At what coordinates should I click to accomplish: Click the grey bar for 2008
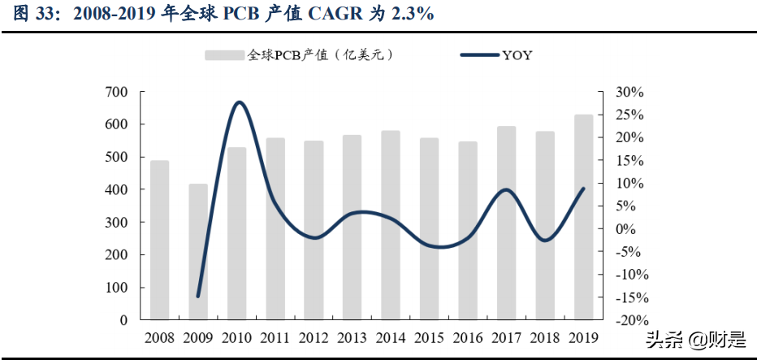click(160, 240)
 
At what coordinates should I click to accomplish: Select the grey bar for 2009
click(198, 252)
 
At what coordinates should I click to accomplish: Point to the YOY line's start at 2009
click(198, 297)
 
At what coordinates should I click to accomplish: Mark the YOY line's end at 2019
click(584, 189)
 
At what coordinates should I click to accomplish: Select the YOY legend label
click(517, 55)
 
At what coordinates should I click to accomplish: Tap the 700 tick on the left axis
click(117, 92)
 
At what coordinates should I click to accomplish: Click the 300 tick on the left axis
click(117, 222)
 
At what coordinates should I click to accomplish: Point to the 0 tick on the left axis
click(123, 320)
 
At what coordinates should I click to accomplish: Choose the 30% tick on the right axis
click(629, 92)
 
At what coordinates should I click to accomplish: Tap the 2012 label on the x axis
click(314, 336)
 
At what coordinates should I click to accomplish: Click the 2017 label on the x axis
click(507, 336)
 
